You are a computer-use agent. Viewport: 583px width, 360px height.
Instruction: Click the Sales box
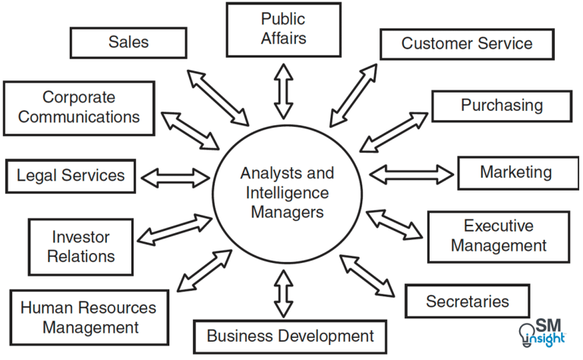[128, 43]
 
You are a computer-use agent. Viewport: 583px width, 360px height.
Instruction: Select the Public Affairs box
[283, 29]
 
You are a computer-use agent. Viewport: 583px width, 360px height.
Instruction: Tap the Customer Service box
[467, 44]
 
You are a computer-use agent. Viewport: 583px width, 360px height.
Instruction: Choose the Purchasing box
[502, 106]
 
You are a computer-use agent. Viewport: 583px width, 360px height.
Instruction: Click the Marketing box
[515, 172]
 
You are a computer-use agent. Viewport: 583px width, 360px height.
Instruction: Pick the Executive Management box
[499, 235]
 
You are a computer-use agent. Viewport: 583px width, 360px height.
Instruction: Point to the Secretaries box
[467, 302]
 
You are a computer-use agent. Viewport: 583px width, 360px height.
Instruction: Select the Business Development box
[290, 335]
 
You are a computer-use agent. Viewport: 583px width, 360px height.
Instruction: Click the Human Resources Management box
[90, 317]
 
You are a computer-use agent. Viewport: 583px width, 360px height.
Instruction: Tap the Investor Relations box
[80, 246]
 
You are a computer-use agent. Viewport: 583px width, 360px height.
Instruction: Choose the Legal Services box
[71, 177]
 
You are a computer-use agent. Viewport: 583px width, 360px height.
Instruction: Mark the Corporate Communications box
[79, 107]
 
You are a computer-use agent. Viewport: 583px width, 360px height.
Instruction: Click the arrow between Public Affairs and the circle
[283, 90]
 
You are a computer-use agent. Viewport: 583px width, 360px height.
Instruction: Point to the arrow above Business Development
[283, 292]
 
